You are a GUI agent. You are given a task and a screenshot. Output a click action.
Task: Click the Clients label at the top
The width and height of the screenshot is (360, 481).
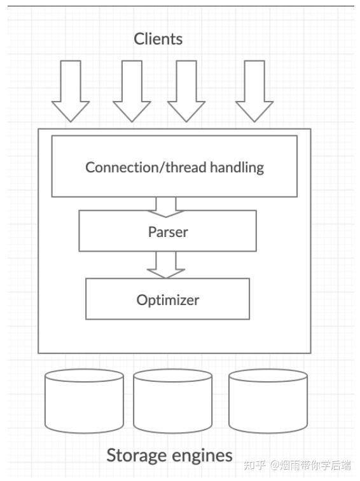point(158,39)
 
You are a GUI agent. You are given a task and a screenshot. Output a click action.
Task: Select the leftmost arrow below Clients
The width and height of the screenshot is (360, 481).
point(71,91)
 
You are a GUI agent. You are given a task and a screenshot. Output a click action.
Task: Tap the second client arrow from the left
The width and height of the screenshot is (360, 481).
point(132,91)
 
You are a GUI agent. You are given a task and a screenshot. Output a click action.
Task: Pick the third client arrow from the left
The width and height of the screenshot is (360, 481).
point(186,91)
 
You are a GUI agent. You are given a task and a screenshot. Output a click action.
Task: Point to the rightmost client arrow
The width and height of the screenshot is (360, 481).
point(254,91)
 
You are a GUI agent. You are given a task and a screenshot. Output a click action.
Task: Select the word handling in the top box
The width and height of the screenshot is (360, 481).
point(237,168)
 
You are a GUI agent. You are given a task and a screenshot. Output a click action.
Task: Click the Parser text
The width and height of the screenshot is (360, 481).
point(168,232)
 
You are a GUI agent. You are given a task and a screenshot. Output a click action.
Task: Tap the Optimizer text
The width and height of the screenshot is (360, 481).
point(168,300)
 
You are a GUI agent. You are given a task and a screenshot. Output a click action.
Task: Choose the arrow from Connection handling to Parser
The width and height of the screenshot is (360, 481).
point(166,207)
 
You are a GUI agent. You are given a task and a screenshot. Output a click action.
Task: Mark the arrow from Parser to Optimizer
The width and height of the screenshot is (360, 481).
point(166,265)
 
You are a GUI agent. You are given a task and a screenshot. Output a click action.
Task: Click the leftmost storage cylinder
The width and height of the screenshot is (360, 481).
point(84,401)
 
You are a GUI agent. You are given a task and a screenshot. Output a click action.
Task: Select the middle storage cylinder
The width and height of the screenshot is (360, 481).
point(172,401)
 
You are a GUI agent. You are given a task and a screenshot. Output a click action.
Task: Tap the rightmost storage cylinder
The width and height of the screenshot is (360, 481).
point(268,401)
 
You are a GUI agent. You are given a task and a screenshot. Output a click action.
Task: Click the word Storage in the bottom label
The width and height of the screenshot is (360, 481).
point(135,456)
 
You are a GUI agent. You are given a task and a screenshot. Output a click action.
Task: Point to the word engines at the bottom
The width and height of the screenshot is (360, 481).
point(201,456)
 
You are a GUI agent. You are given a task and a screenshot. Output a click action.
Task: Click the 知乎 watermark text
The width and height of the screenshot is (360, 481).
point(254,465)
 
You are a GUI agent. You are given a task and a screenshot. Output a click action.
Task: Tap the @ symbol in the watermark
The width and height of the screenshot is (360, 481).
point(275,465)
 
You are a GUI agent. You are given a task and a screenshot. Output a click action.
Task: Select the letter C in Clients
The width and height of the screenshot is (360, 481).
point(139,39)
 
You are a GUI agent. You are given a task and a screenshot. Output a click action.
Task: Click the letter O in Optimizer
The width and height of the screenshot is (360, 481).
point(142,300)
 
